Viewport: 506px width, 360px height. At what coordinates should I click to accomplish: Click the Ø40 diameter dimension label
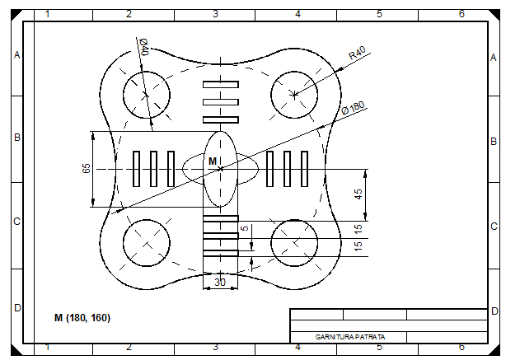144,47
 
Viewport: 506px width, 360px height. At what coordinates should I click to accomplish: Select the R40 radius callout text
358,53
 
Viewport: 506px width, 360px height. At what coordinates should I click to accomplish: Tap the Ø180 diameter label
353,108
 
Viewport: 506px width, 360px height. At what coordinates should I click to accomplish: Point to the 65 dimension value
87,168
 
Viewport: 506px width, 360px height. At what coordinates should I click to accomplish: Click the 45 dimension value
358,194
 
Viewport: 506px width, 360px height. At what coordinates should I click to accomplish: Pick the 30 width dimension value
220,283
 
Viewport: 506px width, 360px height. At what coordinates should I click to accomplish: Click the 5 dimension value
246,227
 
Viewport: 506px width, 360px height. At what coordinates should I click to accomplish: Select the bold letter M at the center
213,161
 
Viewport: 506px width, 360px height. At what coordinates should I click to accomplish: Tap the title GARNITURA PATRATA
350,337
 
